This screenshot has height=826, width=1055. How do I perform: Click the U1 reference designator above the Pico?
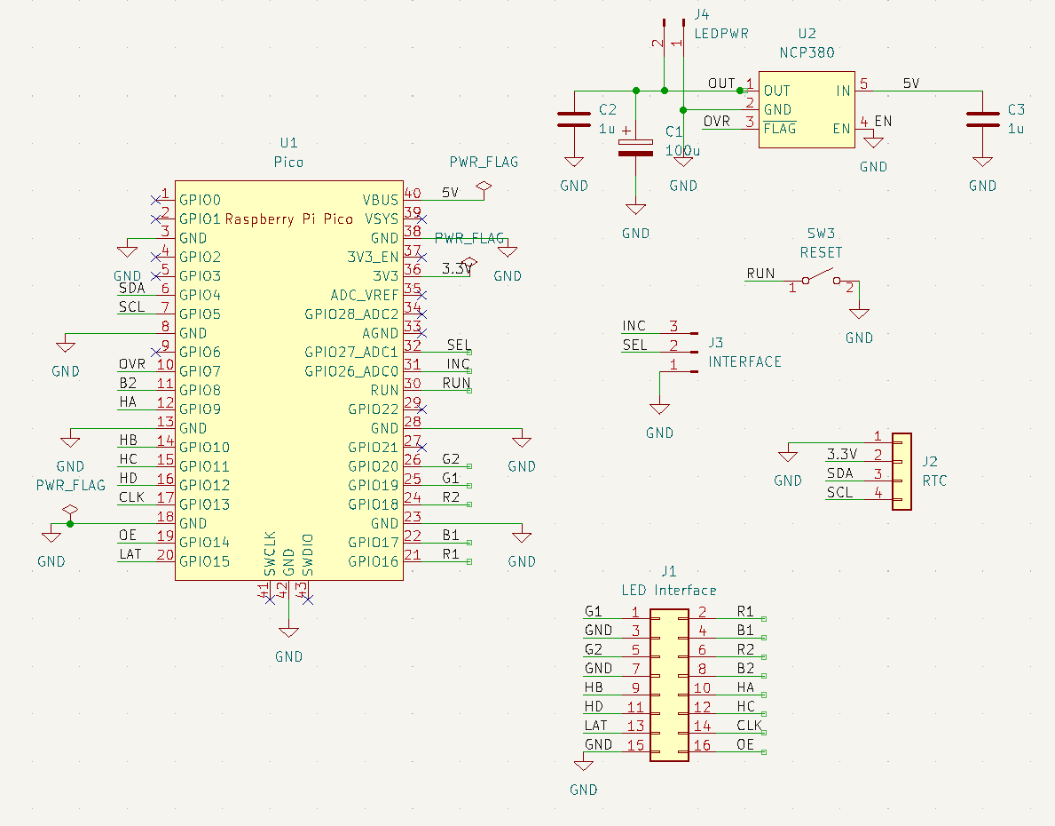pos(288,143)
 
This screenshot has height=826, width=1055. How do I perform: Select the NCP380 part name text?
pos(806,52)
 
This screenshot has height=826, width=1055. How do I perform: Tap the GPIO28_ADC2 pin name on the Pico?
pos(351,314)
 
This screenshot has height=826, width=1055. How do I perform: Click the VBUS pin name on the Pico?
pos(381,200)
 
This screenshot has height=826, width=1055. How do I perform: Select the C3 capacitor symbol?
pos(981,120)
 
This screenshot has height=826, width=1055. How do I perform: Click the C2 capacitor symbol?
pos(573,120)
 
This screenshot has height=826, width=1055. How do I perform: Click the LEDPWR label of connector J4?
pos(721,34)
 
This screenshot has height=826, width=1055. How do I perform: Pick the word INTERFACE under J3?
pos(744,362)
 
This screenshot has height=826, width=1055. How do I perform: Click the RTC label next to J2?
pos(934,481)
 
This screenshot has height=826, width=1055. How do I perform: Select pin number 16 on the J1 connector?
pos(702,745)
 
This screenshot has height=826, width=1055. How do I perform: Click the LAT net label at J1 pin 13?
pos(595,726)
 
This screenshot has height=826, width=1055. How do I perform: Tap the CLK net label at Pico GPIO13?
pos(131,497)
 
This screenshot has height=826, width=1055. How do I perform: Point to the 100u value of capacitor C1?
pos(682,151)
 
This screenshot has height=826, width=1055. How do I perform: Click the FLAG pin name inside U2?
pos(779,129)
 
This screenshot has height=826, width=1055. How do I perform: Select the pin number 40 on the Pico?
pos(413,193)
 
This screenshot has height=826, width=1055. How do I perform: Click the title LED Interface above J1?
pos(668,590)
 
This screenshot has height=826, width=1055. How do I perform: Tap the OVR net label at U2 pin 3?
pos(717,122)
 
